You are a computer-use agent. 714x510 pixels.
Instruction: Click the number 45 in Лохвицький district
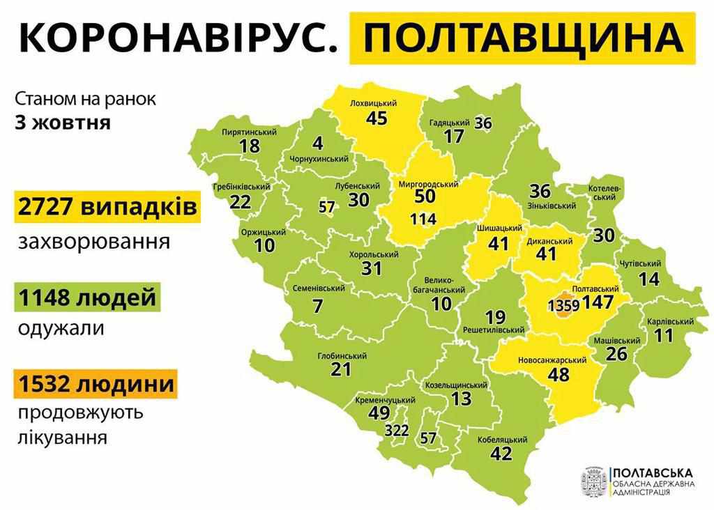point(376,118)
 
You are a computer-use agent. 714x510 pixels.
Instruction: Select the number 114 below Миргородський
point(423,219)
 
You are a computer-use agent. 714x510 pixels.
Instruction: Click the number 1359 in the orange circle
point(562,306)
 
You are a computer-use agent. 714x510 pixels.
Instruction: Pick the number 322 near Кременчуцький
point(396,431)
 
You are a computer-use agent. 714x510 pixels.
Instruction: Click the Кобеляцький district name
point(501,440)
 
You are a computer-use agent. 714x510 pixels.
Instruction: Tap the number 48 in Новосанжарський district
point(559,374)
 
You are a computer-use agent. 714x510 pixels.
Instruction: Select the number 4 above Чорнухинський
point(319,144)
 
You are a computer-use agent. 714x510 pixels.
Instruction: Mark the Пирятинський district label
point(250,132)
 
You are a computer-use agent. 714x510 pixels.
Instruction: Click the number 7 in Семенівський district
point(318,304)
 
